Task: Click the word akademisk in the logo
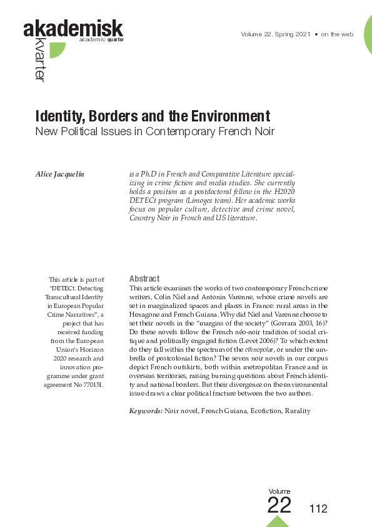tap(73, 29)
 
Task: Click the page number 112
tap(318, 509)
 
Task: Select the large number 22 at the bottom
tap(279, 505)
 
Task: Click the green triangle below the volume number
tap(278, 522)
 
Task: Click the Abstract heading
tap(144, 279)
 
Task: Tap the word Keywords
tap(146, 411)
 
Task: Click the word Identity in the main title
tap(60, 116)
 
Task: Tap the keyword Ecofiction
tap(260, 411)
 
